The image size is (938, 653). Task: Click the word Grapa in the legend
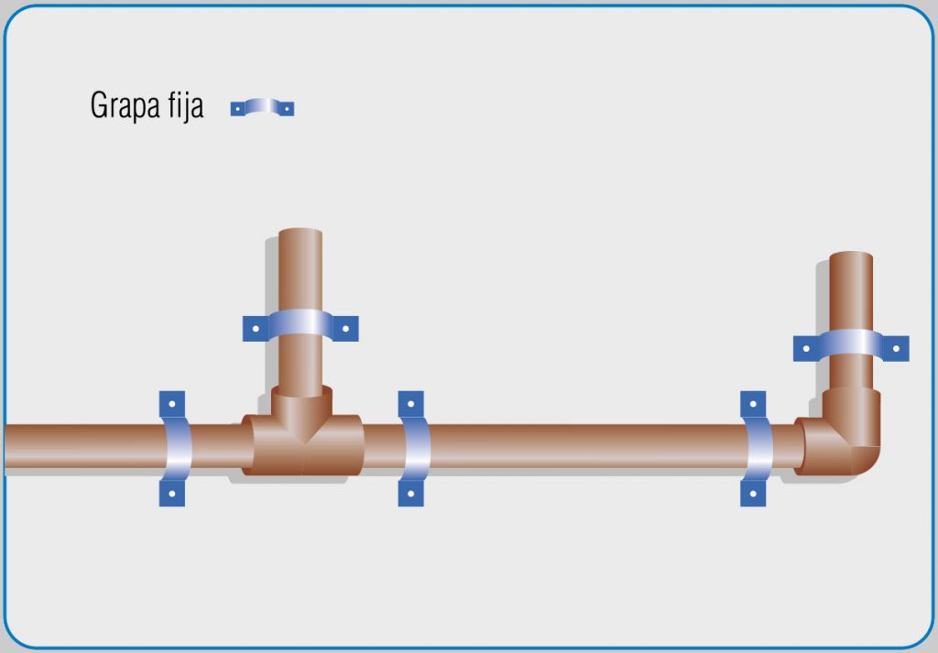pyautogui.click(x=125, y=106)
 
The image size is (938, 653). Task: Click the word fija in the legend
pyautogui.click(x=186, y=106)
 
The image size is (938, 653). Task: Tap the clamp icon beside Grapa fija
pyautogui.click(x=262, y=107)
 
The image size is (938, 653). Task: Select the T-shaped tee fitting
pyautogui.click(x=302, y=431)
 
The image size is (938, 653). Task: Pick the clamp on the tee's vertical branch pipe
pyautogui.click(x=300, y=326)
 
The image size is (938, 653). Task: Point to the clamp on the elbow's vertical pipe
pyautogui.click(x=851, y=345)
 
